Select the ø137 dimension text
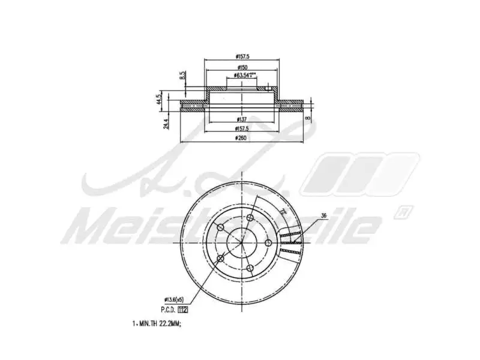point(242,119)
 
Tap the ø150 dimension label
point(242,67)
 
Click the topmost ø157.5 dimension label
point(242,57)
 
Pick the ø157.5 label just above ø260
point(242,128)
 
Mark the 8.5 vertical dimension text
point(182,76)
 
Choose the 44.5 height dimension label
point(160,99)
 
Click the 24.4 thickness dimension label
point(166,124)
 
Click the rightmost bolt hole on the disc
point(268,243)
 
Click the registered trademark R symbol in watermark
point(403,211)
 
